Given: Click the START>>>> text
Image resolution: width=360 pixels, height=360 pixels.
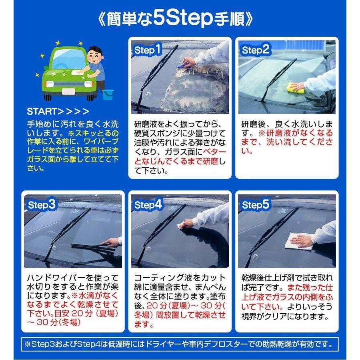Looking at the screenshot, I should tap(58, 111).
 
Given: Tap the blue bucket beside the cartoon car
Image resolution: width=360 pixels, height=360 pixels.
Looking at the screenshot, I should tap(107, 95).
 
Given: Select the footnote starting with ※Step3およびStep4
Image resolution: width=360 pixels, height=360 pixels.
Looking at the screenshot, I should tap(180, 344).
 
